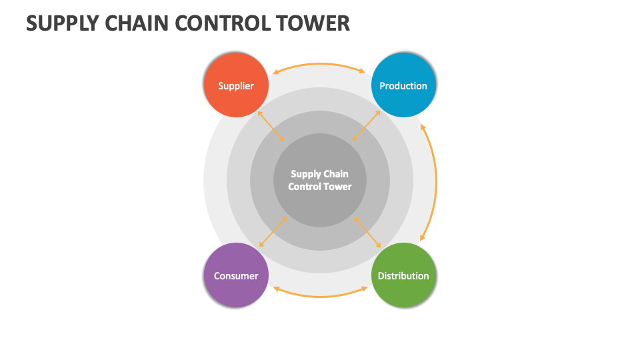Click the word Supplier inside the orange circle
click(x=236, y=86)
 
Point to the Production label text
click(x=403, y=86)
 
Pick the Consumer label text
click(x=236, y=276)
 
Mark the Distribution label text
click(x=403, y=276)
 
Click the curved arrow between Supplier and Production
click(x=319, y=64)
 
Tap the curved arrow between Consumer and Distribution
click(x=320, y=296)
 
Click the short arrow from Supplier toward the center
click(x=271, y=126)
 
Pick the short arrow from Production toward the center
click(x=367, y=126)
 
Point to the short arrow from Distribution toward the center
click(x=367, y=231)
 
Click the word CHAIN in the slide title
click(x=135, y=23)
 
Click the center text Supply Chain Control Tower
click(x=320, y=180)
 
